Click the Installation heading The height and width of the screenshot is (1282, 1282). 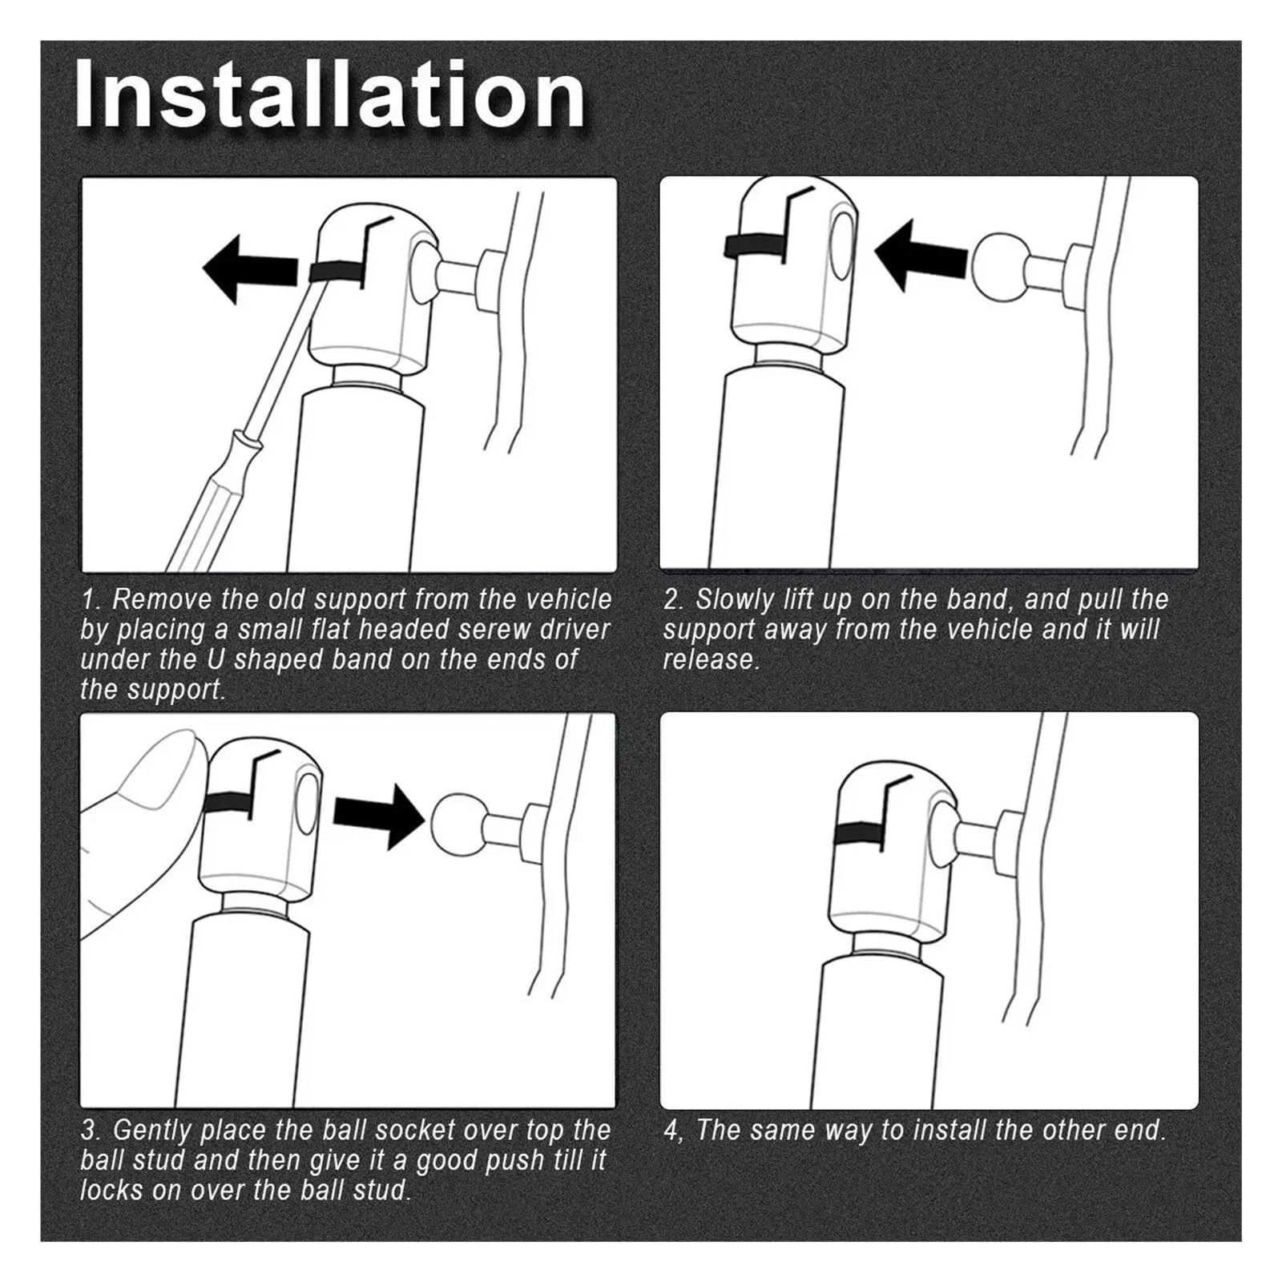coord(329,95)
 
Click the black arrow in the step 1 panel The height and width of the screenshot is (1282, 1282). coord(256,268)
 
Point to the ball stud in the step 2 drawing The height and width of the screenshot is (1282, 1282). coord(998,262)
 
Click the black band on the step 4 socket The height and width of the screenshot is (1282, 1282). coord(859,834)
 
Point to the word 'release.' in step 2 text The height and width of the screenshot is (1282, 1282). coord(711,659)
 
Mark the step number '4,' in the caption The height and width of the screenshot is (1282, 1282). coord(674,1131)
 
